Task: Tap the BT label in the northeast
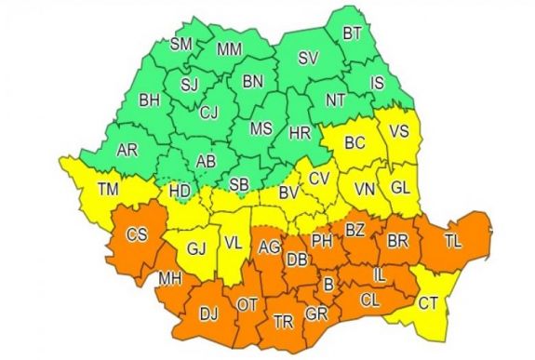pos(352,33)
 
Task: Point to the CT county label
pos(428,303)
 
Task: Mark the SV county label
pos(307,59)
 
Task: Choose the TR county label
pos(283,322)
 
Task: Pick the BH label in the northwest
pos(149,99)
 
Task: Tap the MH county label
pos(170,277)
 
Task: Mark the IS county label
pos(377,84)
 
